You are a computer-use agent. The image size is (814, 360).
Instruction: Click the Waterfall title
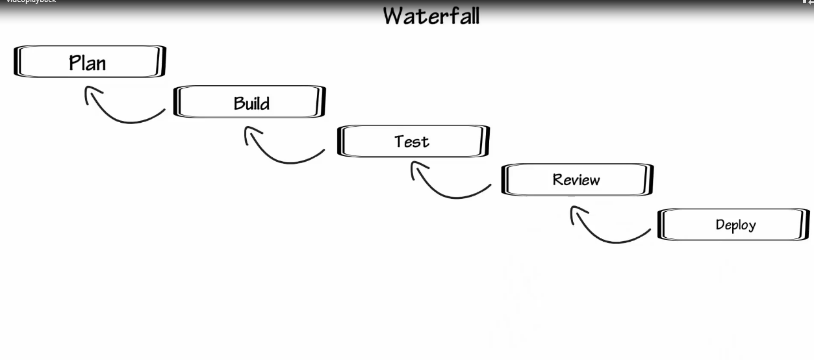point(431,16)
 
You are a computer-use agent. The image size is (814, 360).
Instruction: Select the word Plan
point(88,63)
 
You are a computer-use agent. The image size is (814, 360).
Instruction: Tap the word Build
point(251,103)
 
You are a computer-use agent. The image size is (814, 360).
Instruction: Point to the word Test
point(412,142)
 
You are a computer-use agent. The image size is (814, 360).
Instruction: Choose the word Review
point(576,180)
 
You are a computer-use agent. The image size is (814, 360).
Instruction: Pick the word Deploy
point(736,225)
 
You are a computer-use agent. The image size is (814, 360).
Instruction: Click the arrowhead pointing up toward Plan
point(90,92)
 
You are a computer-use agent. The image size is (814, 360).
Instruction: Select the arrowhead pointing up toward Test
point(416,168)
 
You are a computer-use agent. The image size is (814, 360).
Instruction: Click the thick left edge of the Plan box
point(17,61)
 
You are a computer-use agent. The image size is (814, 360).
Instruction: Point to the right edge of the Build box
point(321,101)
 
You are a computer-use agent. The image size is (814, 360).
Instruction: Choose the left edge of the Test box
point(340,141)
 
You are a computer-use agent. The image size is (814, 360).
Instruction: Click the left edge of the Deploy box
point(661,224)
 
